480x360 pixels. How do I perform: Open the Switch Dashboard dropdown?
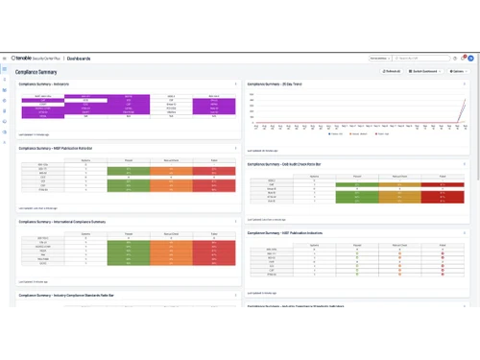coord(423,71)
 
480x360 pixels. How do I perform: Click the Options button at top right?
coord(455,71)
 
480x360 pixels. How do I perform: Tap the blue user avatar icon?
coord(469,59)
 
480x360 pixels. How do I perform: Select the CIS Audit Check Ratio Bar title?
coord(287,164)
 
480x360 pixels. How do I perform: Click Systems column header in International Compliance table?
coord(85,233)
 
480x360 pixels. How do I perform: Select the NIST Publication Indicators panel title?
coord(287,232)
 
